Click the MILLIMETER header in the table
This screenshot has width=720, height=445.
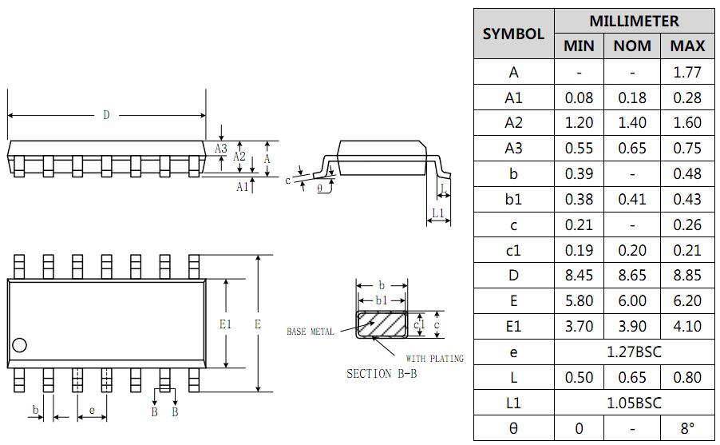(634, 21)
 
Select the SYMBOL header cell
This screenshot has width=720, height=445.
(513, 34)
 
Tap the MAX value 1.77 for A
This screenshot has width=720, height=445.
(686, 72)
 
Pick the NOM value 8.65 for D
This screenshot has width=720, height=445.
(632, 275)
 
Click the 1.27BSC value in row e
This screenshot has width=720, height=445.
(634, 352)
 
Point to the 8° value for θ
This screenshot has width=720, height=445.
(686, 428)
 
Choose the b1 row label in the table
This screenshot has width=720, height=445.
(513, 199)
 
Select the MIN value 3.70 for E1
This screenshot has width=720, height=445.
(579, 326)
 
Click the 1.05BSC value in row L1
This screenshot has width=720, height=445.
(634, 403)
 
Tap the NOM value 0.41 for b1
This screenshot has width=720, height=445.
(632, 199)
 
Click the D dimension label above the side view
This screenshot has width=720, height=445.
(106, 116)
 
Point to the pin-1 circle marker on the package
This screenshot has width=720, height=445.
(20, 345)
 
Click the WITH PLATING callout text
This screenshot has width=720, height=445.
(434, 359)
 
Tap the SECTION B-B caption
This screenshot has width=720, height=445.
(382, 374)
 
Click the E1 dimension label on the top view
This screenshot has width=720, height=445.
(225, 324)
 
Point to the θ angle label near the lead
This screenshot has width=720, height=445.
(320, 188)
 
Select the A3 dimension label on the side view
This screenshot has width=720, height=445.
(221, 149)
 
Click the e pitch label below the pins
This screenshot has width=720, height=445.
(93, 411)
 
